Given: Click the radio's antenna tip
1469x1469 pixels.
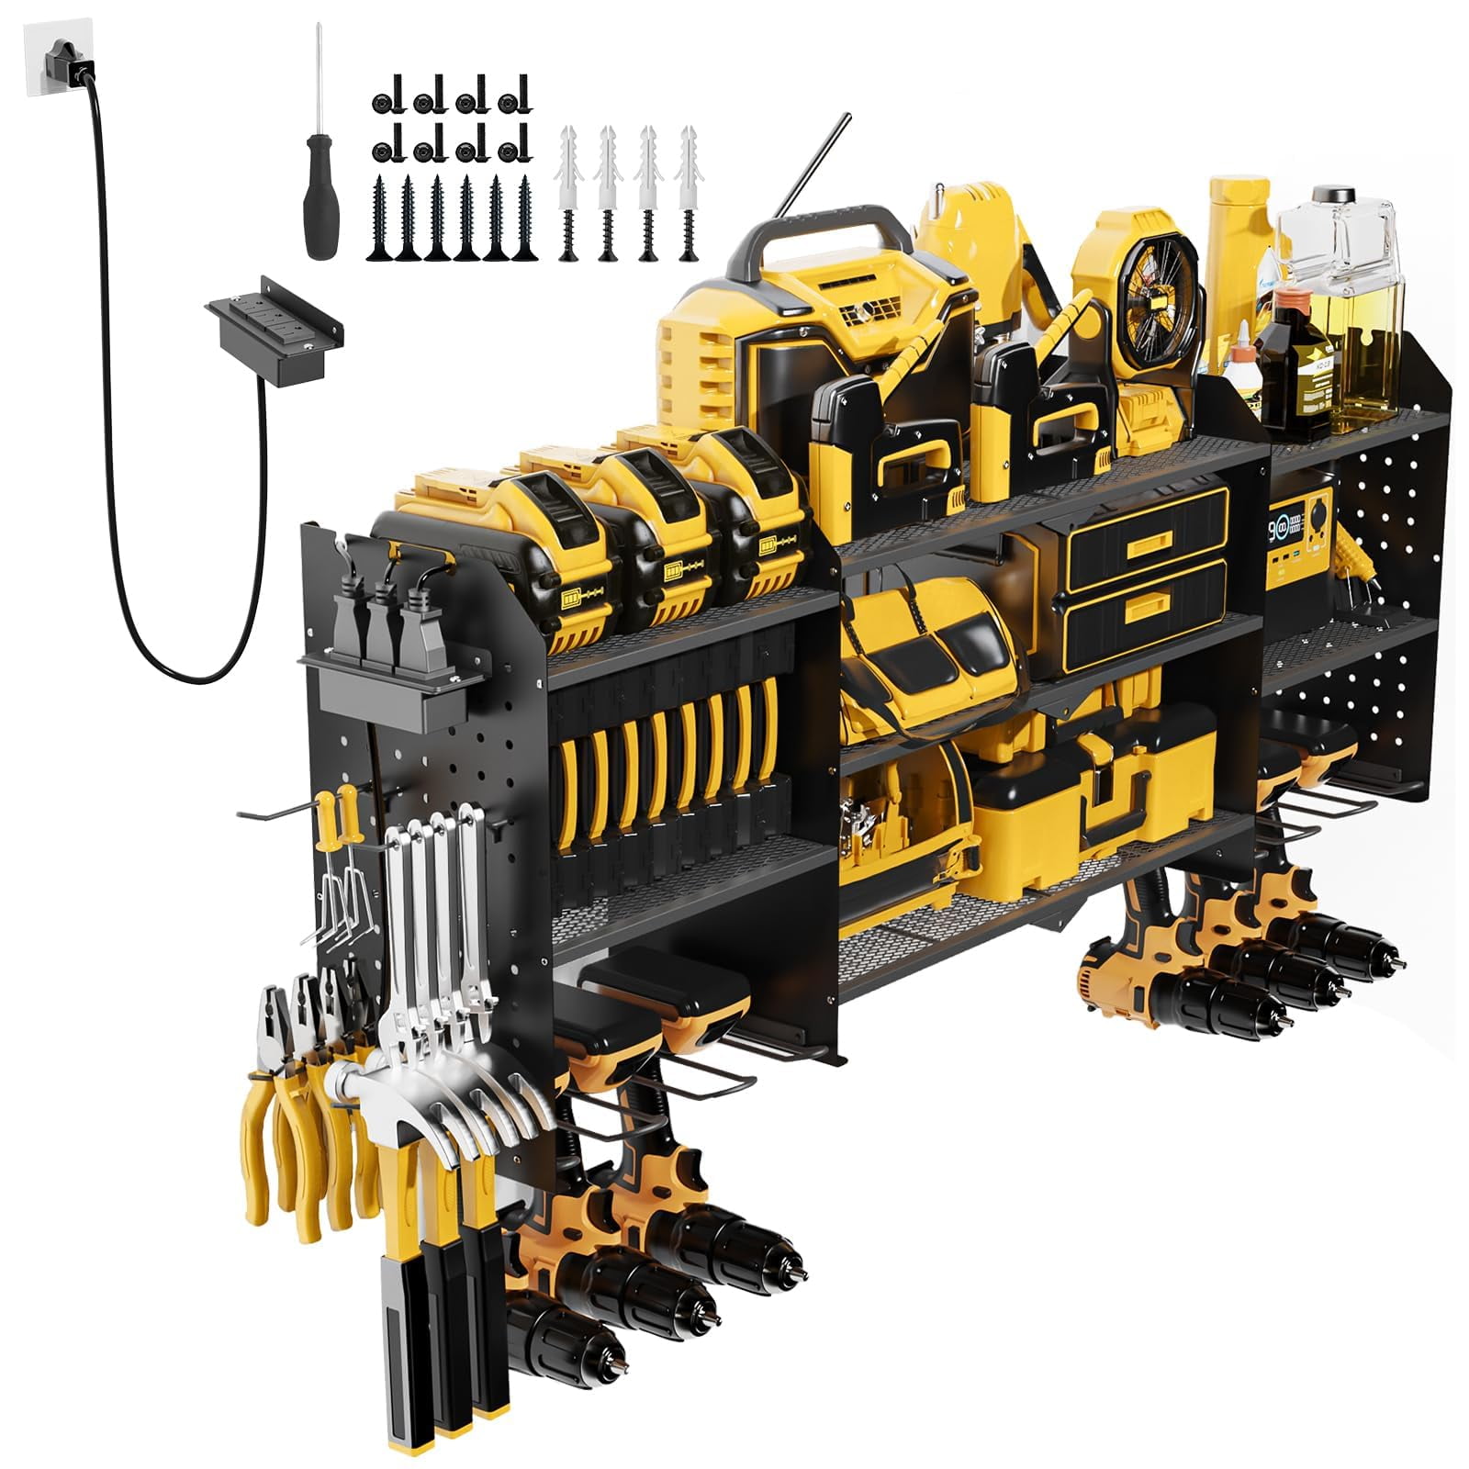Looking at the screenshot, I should [x=847, y=117].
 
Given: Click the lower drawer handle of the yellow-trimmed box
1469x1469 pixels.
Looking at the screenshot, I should [x=1148, y=605].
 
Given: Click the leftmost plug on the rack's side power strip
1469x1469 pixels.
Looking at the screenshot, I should [x=353, y=611].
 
